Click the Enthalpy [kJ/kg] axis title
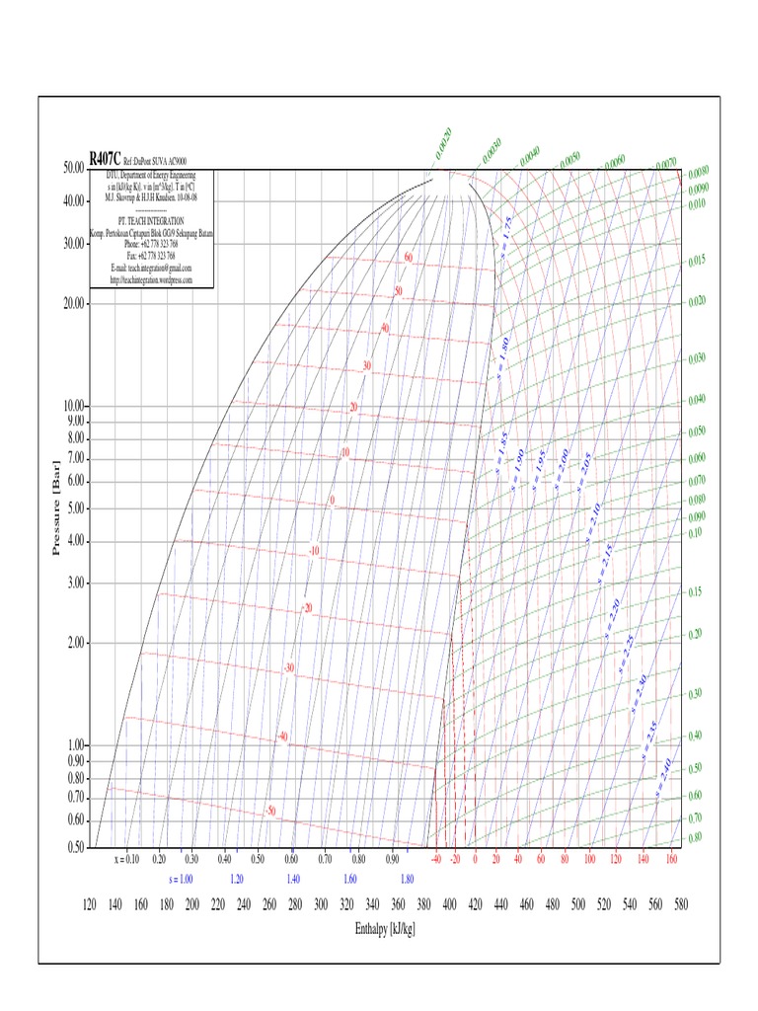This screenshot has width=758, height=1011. [x=385, y=930]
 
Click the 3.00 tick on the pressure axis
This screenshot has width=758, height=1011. [x=73, y=583]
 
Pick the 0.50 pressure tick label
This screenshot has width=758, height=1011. [x=73, y=847]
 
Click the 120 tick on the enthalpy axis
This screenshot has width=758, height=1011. [x=89, y=904]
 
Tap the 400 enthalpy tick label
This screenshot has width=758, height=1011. [x=449, y=904]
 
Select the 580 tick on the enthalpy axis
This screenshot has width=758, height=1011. [x=680, y=904]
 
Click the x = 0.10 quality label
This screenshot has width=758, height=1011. [x=127, y=860]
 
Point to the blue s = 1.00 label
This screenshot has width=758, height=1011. [x=181, y=878]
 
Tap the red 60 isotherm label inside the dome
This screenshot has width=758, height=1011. [x=408, y=259]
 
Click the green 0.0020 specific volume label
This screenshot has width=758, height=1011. [x=440, y=144]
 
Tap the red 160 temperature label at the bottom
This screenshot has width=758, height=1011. [x=672, y=860]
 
